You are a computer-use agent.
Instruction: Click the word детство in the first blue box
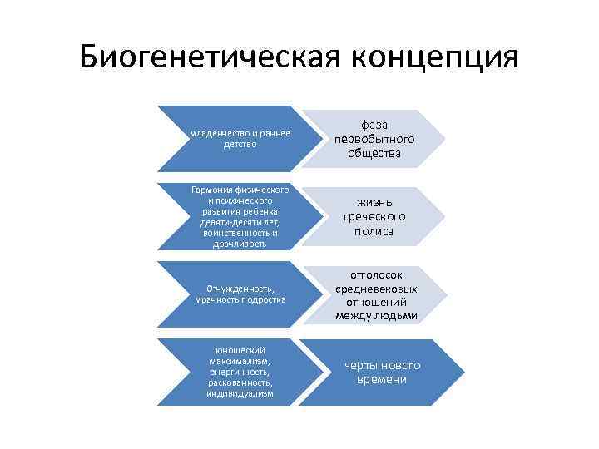coord(240,144)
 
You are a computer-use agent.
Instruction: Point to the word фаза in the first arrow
coord(374,124)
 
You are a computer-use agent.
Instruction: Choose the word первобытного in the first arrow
coord(374,139)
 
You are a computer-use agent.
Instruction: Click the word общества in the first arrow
coord(374,154)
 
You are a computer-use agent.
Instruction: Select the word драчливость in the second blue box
coord(240,244)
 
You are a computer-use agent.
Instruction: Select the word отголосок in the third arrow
coord(377,274)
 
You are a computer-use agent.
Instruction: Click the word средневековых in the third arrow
coord(377,289)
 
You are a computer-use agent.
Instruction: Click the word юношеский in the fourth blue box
coord(240,350)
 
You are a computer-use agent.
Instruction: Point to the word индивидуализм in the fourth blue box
coord(240,393)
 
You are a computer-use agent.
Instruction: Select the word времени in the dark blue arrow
coord(379,380)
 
